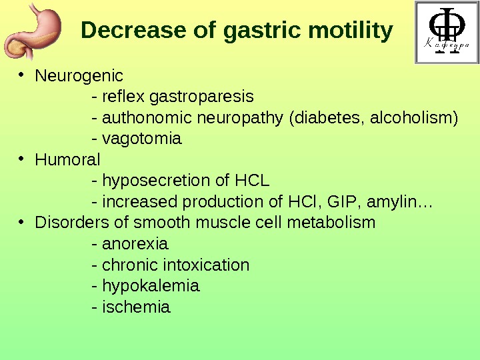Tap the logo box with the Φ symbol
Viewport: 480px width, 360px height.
(x=445, y=33)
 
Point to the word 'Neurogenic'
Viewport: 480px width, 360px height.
(x=79, y=76)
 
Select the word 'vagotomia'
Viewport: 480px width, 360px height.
(x=141, y=139)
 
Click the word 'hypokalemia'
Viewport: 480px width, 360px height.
(x=150, y=286)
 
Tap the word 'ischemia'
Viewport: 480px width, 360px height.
(x=136, y=307)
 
